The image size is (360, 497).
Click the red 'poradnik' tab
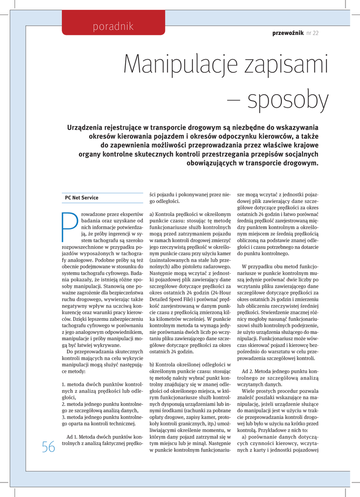(x=113, y=26)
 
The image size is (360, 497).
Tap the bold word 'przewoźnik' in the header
(x=288, y=33)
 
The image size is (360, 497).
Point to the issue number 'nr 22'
(x=312, y=33)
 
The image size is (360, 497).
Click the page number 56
(x=49, y=447)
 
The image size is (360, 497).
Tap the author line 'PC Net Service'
(x=82, y=198)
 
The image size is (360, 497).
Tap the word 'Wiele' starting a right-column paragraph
(x=249, y=391)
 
